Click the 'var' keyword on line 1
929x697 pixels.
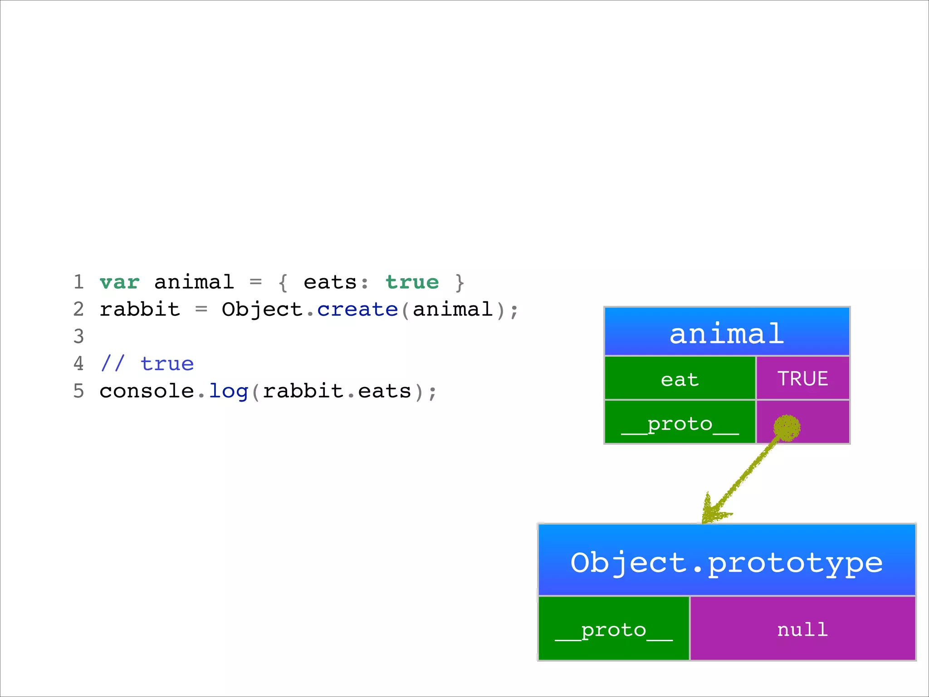pyautogui.click(x=119, y=282)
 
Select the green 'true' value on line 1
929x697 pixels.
pyautogui.click(x=412, y=282)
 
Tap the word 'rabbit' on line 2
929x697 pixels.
pyautogui.click(x=140, y=309)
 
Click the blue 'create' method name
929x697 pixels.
pyautogui.click(x=357, y=309)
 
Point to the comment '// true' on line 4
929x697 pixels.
pyautogui.click(x=147, y=364)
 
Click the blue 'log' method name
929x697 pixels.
pyautogui.click(x=228, y=391)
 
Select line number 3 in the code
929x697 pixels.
pyautogui.click(x=79, y=337)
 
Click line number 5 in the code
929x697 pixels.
pyautogui.click(x=79, y=391)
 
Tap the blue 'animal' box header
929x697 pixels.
pyautogui.click(x=727, y=332)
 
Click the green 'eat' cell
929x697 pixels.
pyautogui.click(x=680, y=378)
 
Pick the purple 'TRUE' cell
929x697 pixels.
pyautogui.click(x=802, y=378)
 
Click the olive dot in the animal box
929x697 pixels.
pyautogui.click(x=787, y=427)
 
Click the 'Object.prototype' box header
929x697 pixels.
pyautogui.click(x=727, y=561)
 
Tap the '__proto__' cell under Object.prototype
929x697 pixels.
pyautogui.click(x=613, y=629)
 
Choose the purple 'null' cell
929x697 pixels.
pyautogui.click(x=802, y=629)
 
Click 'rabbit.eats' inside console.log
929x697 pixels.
pyautogui.click(x=337, y=391)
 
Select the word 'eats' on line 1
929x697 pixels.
pyautogui.click(x=330, y=282)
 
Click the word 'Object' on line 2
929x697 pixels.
pyautogui.click(x=262, y=309)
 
